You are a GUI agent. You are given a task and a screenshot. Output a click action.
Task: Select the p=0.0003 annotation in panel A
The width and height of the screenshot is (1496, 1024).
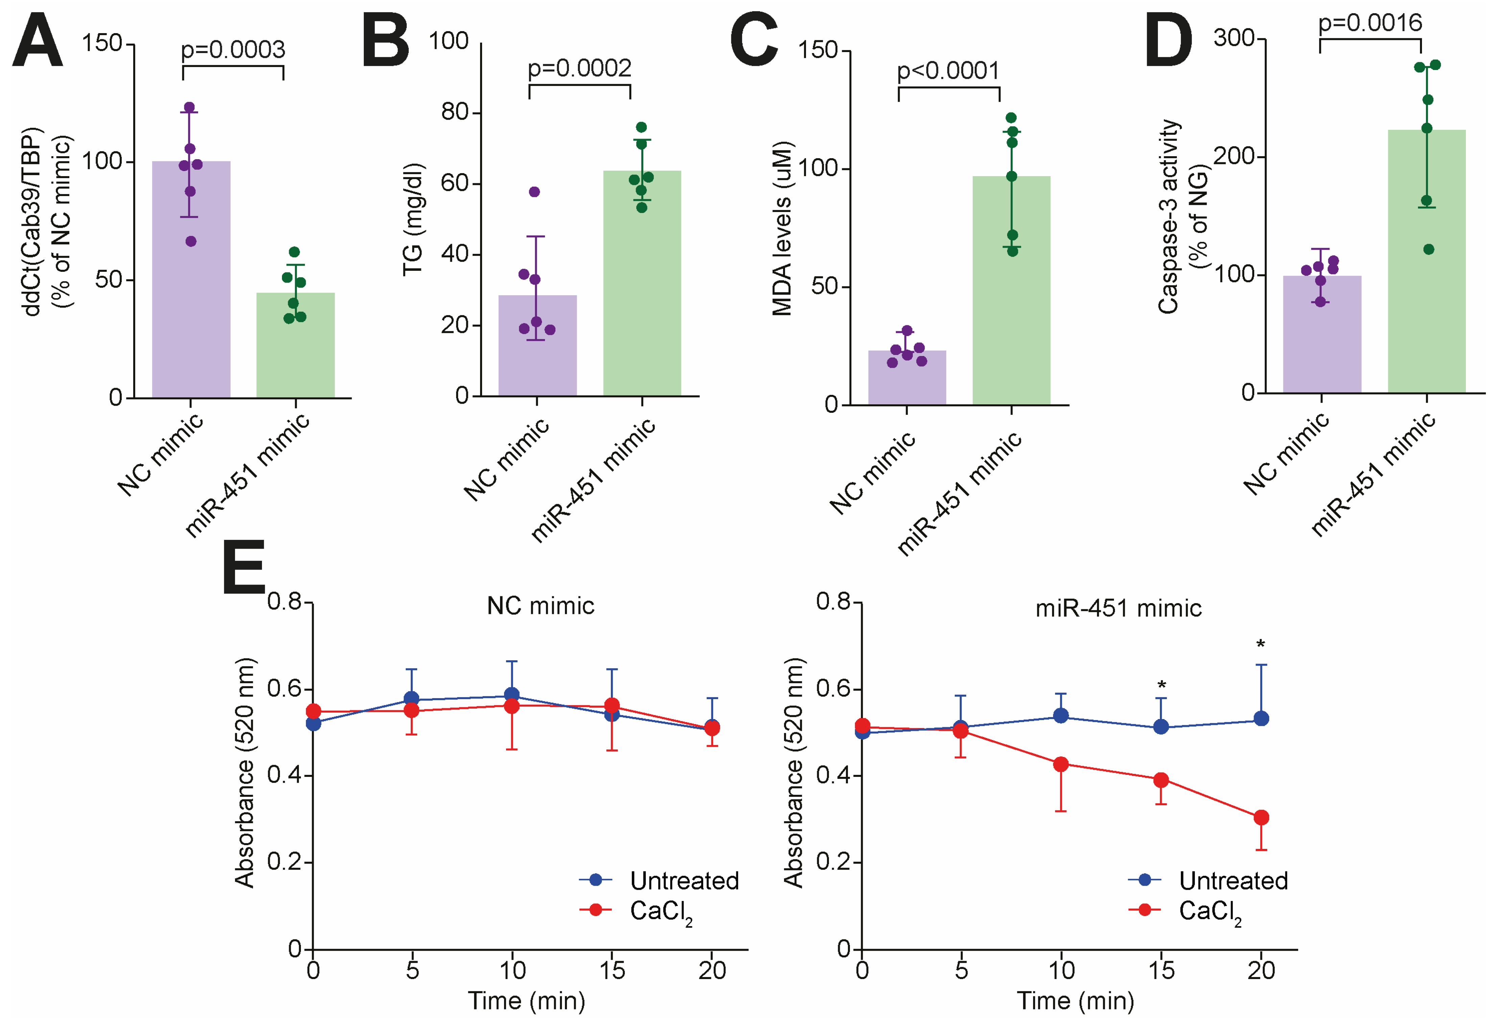click(x=233, y=50)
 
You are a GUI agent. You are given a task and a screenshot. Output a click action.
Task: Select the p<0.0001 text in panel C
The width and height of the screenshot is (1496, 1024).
click(x=948, y=71)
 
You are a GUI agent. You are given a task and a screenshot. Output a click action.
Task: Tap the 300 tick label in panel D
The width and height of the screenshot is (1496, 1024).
click(x=1234, y=39)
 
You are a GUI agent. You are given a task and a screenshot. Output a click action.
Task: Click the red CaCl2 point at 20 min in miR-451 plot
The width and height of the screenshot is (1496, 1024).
click(x=1261, y=817)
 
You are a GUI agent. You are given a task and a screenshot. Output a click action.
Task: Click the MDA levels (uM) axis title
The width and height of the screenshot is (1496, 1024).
click(x=782, y=229)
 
